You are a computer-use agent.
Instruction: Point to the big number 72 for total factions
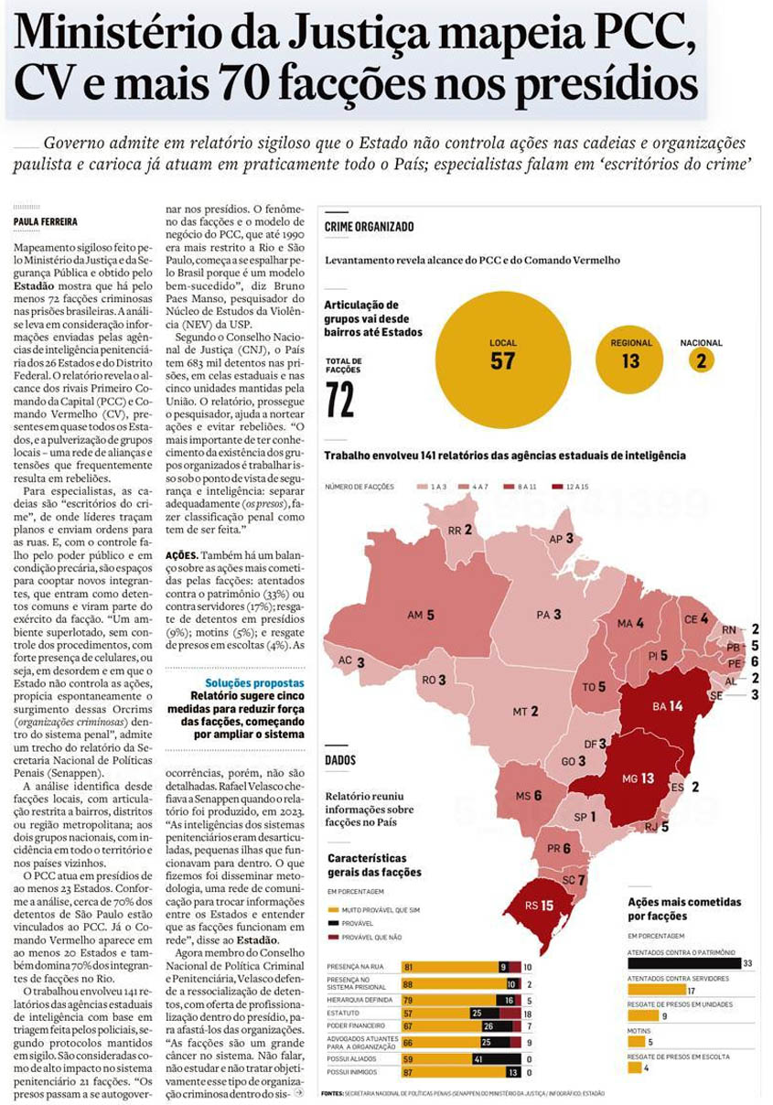click(x=340, y=400)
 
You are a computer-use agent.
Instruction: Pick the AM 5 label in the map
click(x=420, y=616)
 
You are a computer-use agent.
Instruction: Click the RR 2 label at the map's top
click(x=459, y=531)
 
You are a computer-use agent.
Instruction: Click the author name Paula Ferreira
click(x=44, y=221)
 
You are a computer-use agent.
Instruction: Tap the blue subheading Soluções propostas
click(x=254, y=682)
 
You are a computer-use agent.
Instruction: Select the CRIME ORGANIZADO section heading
click(x=369, y=226)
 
